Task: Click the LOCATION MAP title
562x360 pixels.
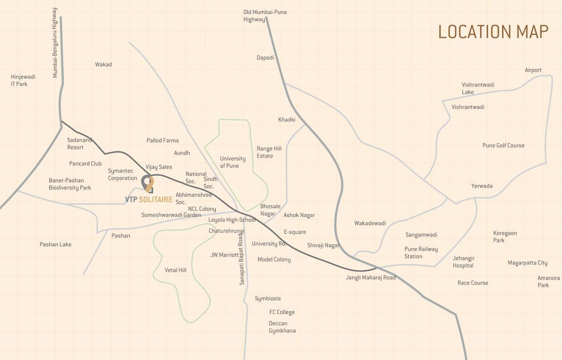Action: (x=493, y=32)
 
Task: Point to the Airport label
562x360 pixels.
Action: (x=533, y=70)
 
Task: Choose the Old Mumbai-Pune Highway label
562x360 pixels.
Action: (x=265, y=16)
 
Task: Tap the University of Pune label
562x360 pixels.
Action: (x=233, y=162)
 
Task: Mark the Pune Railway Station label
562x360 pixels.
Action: (x=421, y=253)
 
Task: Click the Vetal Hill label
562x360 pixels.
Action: (x=176, y=270)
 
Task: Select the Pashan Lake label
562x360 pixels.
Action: (x=55, y=244)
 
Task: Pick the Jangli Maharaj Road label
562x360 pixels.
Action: (x=370, y=277)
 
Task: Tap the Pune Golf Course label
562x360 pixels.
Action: (x=503, y=145)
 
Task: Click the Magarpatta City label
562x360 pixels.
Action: (x=527, y=263)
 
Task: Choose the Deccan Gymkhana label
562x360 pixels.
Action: (x=282, y=327)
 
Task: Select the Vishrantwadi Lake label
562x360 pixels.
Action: (x=478, y=88)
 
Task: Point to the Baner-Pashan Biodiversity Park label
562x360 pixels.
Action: (x=70, y=184)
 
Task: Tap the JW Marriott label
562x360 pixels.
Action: (x=224, y=255)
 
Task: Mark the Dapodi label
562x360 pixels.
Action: (x=265, y=58)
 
